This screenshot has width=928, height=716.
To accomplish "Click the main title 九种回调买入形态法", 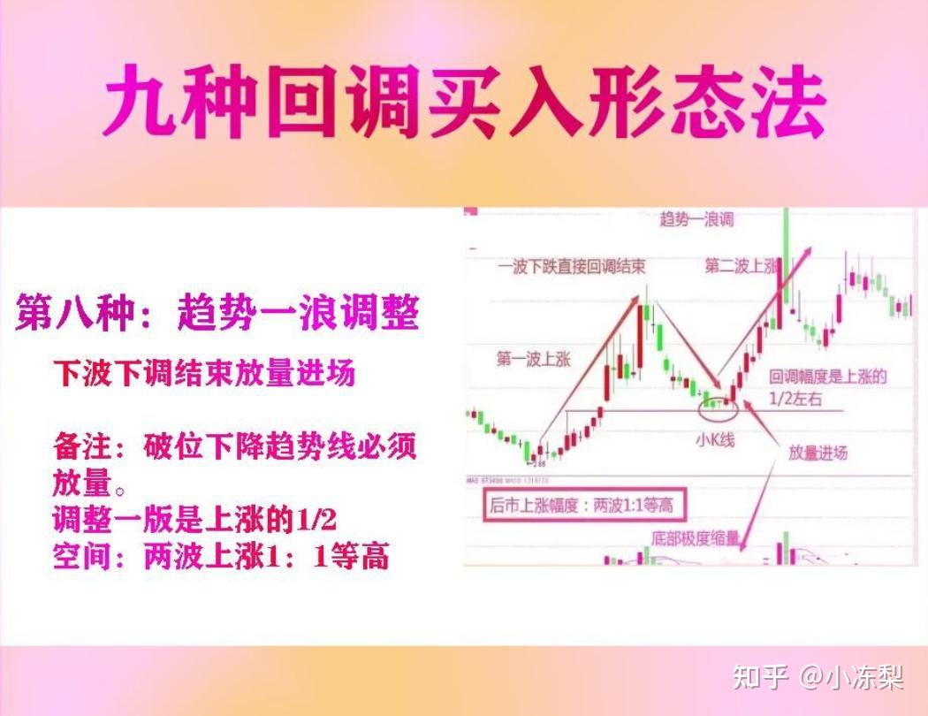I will pyautogui.click(x=464, y=104).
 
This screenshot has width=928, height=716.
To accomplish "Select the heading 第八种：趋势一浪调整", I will pyautogui.click(x=217, y=314).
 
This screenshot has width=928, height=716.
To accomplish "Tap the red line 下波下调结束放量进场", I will pyautogui.click(x=204, y=373).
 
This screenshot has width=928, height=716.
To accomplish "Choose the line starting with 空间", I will pyautogui.click(x=221, y=557).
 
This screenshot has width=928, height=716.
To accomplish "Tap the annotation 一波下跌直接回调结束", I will pyautogui.click(x=570, y=266).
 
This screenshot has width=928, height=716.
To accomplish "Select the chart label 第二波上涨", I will pyautogui.click(x=741, y=265).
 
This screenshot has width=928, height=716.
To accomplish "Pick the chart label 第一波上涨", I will pyautogui.click(x=533, y=360).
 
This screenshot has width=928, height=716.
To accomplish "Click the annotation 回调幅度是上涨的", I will pyautogui.click(x=827, y=377).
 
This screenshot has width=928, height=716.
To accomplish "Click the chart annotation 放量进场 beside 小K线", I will pyautogui.click(x=818, y=453).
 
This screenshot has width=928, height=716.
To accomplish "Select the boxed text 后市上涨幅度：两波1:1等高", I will pyautogui.click(x=581, y=507).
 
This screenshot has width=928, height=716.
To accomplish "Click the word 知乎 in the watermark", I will pyautogui.click(x=760, y=678).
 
